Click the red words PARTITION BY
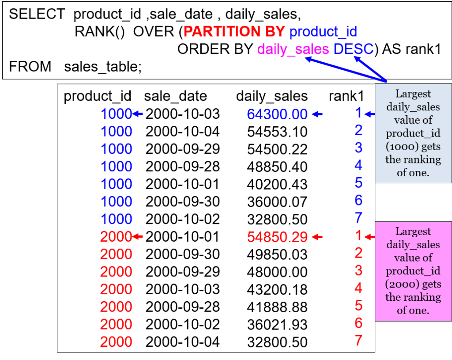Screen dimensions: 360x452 point(234,32)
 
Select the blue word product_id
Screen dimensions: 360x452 point(323,32)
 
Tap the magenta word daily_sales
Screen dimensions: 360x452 point(293,49)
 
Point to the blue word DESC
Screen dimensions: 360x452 point(354,49)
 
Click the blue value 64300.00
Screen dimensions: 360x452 point(277,114)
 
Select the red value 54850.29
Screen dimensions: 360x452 point(277,237)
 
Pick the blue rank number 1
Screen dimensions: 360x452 point(358,113)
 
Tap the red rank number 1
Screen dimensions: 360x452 point(358,236)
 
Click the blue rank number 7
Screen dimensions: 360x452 point(358,218)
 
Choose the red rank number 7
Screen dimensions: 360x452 point(358,341)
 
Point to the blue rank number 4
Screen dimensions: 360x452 point(358,166)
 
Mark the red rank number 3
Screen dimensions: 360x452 point(358,270)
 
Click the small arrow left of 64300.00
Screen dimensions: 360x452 point(317,114)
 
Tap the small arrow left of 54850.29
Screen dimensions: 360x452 point(317,237)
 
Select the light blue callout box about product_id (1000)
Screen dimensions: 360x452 point(413,133)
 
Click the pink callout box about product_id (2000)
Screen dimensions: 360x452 point(413,271)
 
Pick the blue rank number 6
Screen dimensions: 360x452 point(358,201)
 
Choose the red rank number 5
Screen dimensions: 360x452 point(358,306)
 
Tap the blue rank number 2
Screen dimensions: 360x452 point(358,130)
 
